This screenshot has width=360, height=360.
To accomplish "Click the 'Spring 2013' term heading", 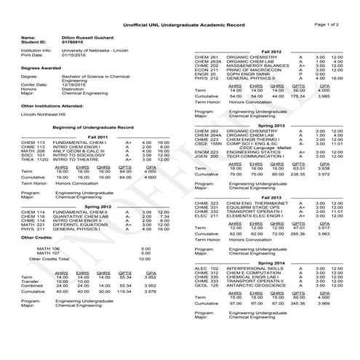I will pyautogui.click(x=271, y=124).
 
